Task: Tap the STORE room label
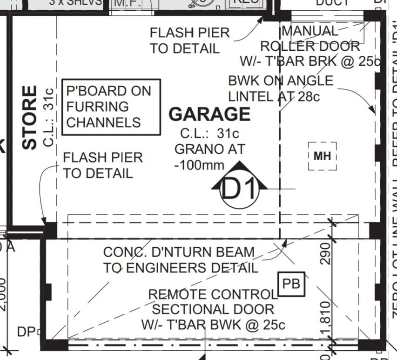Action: point(30,117)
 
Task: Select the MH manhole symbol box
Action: point(322,156)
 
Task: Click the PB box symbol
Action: point(291,284)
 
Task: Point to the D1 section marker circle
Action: point(239,189)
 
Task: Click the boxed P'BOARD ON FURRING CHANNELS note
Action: point(111,107)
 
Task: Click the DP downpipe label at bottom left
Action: point(26,332)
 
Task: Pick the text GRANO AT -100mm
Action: point(209,157)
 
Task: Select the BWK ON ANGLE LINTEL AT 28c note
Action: point(280,88)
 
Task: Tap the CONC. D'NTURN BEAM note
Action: point(180,260)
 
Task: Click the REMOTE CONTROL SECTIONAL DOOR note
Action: point(213,309)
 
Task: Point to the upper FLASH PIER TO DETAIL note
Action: point(189,40)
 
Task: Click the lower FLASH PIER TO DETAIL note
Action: point(102,165)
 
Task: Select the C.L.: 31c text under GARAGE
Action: point(209,134)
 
